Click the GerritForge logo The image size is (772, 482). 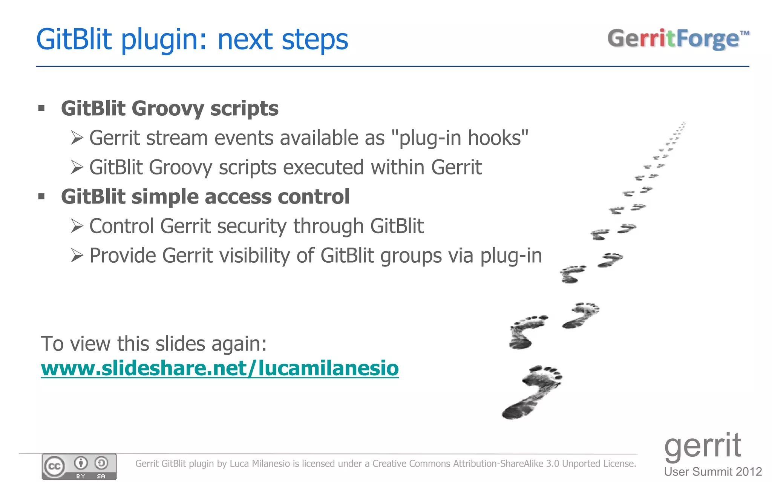(x=678, y=39)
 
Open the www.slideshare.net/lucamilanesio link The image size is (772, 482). (x=219, y=368)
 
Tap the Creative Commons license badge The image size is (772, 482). (x=79, y=467)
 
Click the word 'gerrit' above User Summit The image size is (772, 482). (x=702, y=446)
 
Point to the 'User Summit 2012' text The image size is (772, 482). (x=713, y=472)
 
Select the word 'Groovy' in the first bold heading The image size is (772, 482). (x=167, y=109)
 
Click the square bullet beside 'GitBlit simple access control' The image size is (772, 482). (x=41, y=196)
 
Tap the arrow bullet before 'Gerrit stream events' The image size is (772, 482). (x=77, y=138)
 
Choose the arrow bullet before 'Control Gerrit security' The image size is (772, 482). (x=77, y=226)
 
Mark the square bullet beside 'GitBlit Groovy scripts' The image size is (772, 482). (x=41, y=109)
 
